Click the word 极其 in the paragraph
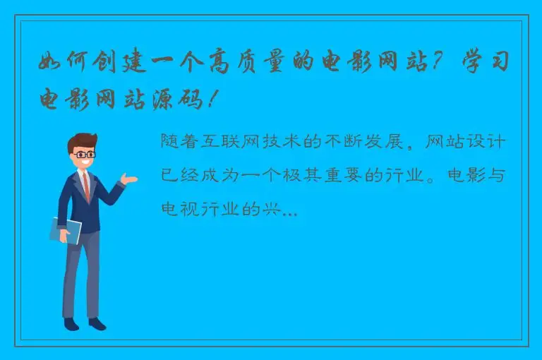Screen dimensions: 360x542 point(308,175)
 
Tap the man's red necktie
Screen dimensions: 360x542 point(86,186)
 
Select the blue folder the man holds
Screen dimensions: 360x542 point(66,230)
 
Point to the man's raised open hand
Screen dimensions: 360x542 point(129,179)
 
